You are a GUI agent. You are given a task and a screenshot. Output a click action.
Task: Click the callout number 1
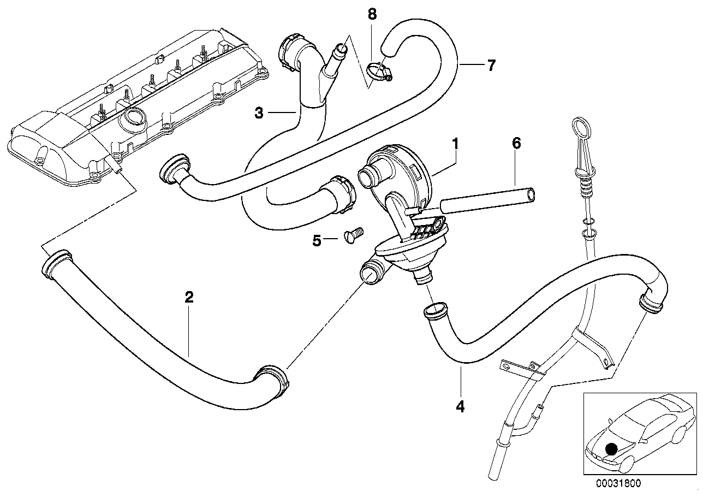tap(455, 130)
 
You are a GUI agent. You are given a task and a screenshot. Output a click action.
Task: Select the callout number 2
tap(189, 298)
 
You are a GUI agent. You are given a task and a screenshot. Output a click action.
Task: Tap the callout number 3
tap(259, 113)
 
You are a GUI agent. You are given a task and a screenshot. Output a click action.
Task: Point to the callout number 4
tap(461, 406)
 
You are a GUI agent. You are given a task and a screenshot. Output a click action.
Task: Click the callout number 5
tap(317, 241)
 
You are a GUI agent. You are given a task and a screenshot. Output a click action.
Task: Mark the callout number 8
tap(372, 15)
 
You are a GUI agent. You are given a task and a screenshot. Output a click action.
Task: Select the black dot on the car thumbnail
tap(612, 448)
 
